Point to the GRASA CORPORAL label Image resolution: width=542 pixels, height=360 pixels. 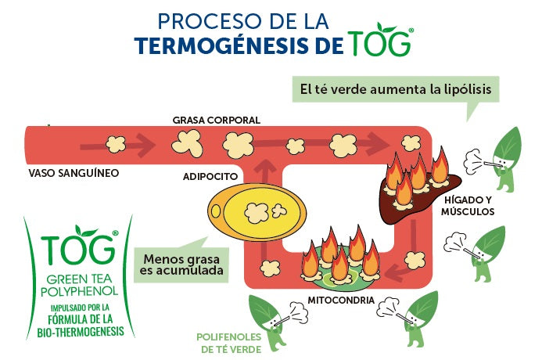(217, 120)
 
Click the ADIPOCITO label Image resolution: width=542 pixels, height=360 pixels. (210, 176)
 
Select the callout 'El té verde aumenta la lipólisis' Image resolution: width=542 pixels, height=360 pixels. (395, 88)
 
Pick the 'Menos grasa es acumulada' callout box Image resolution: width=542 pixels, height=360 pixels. (181, 265)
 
